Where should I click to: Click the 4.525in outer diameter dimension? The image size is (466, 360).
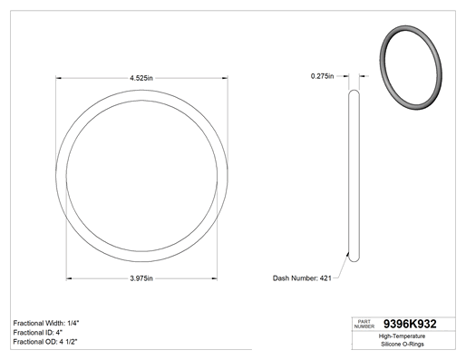tap(141, 78)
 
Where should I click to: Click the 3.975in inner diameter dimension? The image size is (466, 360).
tap(141, 278)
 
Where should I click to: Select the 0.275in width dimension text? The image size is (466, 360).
tap(322, 76)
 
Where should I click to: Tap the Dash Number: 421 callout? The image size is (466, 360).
tap(302, 278)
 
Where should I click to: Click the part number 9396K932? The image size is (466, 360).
tap(410, 324)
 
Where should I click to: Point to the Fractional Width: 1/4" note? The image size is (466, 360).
tap(46, 323)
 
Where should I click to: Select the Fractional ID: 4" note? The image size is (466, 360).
tap(38, 333)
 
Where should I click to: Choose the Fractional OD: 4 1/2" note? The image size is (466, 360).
tap(45, 342)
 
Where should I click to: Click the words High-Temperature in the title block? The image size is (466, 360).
tap(402, 336)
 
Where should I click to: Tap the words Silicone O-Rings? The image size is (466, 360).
tap(403, 344)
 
